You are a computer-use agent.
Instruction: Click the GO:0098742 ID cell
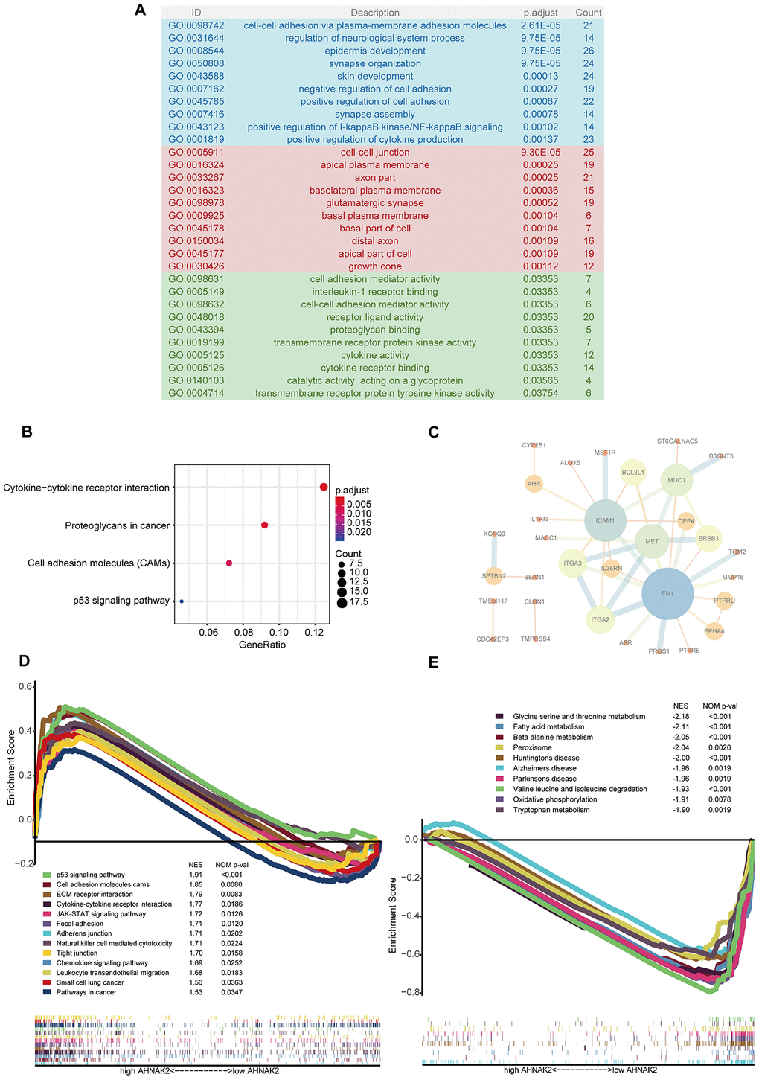click(x=196, y=25)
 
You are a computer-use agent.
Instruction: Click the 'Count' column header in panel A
click(x=588, y=13)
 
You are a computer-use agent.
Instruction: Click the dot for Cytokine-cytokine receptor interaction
click(x=324, y=487)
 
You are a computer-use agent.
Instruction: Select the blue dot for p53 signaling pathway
click(x=182, y=600)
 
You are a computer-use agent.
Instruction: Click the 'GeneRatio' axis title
click(x=262, y=645)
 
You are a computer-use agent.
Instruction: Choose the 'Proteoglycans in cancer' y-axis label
click(x=117, y=525)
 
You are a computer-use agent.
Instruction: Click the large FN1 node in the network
click(x=667, y=593)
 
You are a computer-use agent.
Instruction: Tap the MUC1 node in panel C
click(x=676, y=480)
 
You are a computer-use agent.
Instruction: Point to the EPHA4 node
click(x=714, y=632)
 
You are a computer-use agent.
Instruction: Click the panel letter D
click(x=25, y=661)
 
